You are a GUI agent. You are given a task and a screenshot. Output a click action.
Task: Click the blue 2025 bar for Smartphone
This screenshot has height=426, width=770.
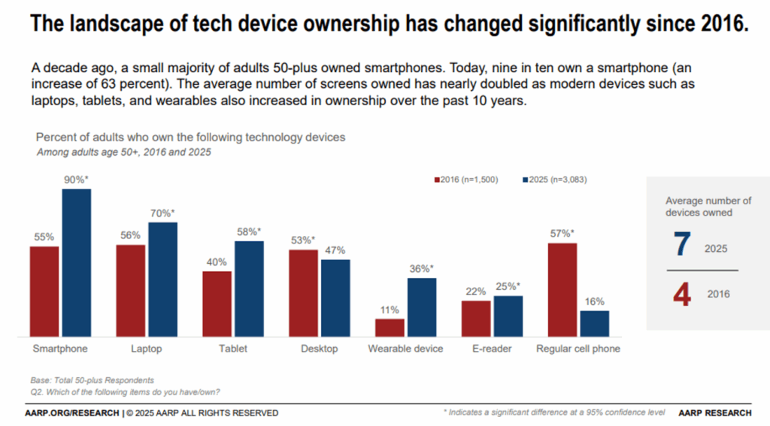click(76, 262)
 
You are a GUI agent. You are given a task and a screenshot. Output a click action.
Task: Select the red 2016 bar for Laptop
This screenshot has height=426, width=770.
click(130, 290)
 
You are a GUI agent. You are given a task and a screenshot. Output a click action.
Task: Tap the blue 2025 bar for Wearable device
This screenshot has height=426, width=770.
click(421, 307)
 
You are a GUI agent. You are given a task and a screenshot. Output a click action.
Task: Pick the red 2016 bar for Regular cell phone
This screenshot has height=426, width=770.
click(562, 289)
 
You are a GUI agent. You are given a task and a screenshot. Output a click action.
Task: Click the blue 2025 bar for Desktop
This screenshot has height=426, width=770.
click(335, 298)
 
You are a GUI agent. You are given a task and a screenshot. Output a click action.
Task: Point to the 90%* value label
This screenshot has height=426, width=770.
click(77, 180)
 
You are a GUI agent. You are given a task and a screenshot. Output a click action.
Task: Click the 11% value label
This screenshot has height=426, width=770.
click(390, 310)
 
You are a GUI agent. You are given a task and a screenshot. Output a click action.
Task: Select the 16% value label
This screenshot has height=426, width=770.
click(594, 301)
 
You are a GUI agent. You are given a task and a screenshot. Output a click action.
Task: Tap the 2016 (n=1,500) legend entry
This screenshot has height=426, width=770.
click(465, 181)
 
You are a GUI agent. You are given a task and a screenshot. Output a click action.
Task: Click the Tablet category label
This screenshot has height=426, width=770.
click(232, 349)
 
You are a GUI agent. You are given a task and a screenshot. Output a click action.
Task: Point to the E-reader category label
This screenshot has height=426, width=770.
click(492, 349)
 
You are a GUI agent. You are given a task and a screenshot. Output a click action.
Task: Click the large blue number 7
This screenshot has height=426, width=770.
click(681, 246)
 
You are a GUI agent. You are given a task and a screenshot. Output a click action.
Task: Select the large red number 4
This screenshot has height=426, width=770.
click(681, 294)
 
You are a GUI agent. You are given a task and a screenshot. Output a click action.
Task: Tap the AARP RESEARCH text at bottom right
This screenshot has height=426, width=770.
click(714, 412)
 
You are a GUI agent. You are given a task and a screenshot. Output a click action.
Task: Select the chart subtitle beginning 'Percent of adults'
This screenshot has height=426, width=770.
click(190, 138)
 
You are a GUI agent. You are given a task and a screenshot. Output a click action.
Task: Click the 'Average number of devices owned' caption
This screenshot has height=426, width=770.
click(708, 207)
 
